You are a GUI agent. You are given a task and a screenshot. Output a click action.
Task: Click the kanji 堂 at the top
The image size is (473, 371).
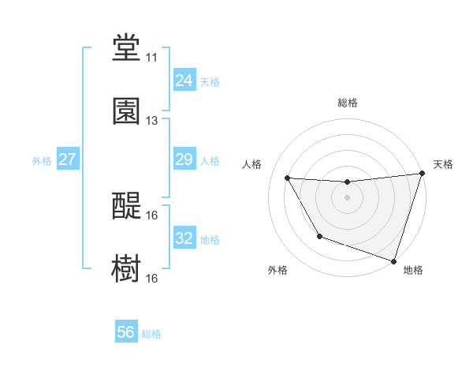click(x=126, y=47)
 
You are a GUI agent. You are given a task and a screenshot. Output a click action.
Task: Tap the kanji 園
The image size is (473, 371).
click(x=126, y=111)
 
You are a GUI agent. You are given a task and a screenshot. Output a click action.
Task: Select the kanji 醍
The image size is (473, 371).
click(x=126, y=206)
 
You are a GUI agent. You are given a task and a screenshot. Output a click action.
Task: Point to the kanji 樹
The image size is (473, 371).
click(x=126, y=269)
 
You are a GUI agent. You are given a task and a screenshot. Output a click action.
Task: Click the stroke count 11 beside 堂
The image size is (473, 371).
click(x=151, y=58)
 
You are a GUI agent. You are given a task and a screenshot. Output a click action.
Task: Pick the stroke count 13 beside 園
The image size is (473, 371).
click(x=151, y=121)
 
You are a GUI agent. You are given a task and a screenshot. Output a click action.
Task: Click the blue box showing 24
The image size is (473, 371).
click(x=184, y=81)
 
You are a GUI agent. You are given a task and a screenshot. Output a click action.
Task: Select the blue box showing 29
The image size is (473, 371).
click(x=184, y=160)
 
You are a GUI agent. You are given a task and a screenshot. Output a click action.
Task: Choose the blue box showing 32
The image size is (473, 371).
click(x=184, y=238)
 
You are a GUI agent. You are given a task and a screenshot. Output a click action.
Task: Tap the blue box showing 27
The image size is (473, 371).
click(x=68, y=160)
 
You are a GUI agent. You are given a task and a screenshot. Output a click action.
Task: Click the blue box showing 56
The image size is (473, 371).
click(x=126, y=333)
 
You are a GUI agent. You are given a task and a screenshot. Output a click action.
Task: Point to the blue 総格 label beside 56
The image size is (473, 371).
click(x=152, y=334)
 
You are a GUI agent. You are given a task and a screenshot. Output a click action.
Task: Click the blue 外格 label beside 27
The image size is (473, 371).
click(x=42, y=161)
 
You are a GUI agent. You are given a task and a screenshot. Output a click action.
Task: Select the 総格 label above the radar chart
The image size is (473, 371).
click(x=348, y=103)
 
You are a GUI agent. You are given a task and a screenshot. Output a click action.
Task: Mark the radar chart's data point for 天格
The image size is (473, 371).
click(x=421, y=174)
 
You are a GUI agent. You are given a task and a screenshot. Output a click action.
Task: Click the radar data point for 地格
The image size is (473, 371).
click(x=393, y=260)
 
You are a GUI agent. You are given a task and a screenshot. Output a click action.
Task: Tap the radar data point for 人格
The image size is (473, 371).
click(x=288, y=178)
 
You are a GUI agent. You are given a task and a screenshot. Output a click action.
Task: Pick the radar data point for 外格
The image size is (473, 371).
click(x=319, y=236)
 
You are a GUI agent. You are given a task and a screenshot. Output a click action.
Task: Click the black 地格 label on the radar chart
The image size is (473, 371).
click(x=413, y=271)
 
